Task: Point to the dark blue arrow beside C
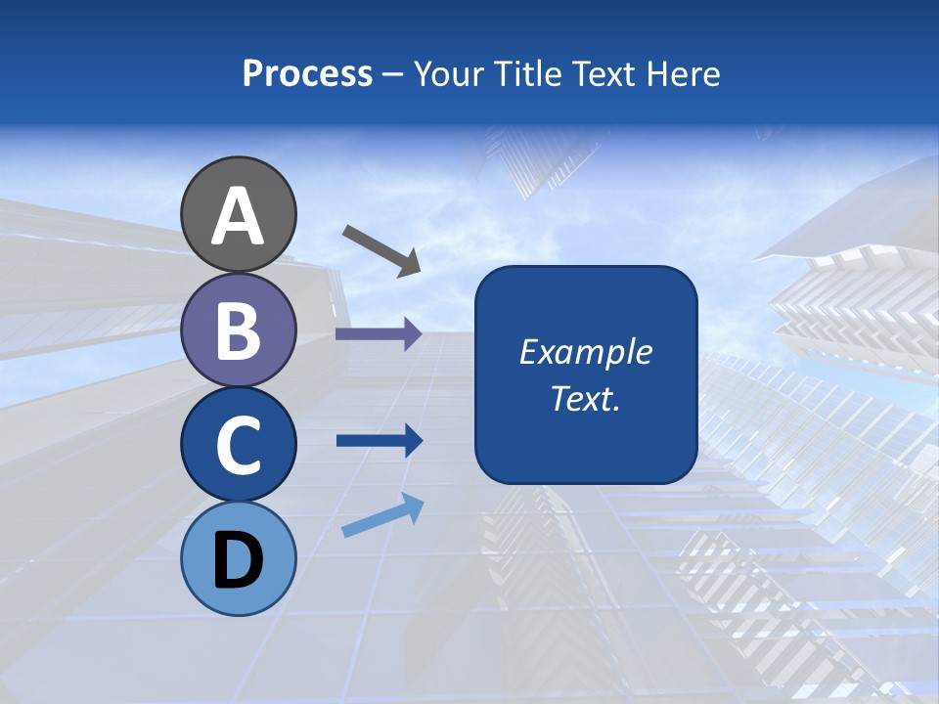pyautogui.click(x=379, y=441)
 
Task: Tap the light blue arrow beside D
pyautogui.click(x=382, y=515)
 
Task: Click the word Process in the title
pyautogui.click(x=307, y=74)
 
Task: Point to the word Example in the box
pyautogui.click(x=585, y=352)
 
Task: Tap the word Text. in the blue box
pyautogui.click(x=585, y=398)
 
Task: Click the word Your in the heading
pyautogui.click(x=448, y=74)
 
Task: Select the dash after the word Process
pyautogui.click(x=392, y=74)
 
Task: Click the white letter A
pyautogui.click(x=239, y=216)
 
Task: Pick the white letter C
pyautogui.click(x=239, y=445)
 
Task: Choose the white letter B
pyautogui.click(x=239, y=330)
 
